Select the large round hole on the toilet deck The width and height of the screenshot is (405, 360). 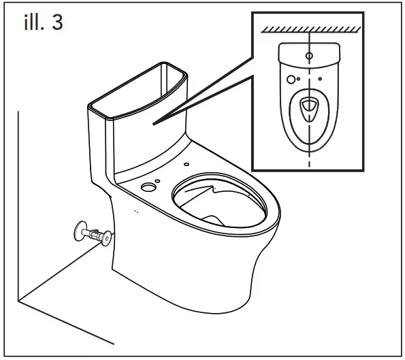pyautogui.click(x=147, y=186)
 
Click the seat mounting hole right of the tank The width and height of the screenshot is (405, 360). pyautogui.click(x=186, y=164)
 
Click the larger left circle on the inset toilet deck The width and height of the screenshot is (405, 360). pyautogui.click(x=292, y=80)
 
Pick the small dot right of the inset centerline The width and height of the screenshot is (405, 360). pyautogui.click(x=320, y=80)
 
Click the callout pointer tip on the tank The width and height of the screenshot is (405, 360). pyautogui.click(x=154, y=123)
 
